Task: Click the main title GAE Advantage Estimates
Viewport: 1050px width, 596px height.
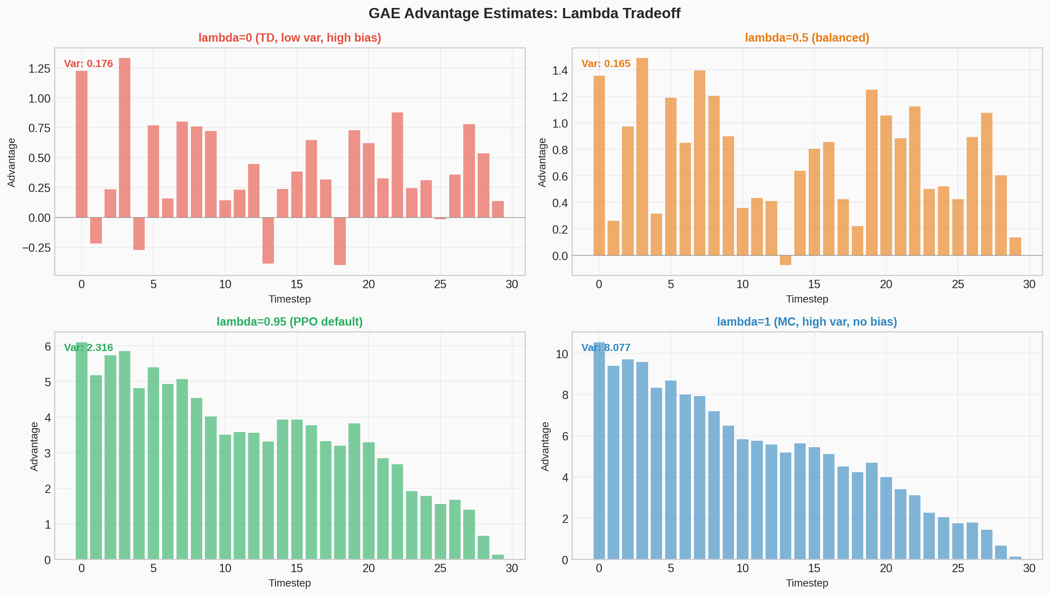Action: click(524, 14)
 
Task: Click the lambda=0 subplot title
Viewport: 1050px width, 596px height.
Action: click(289, 37)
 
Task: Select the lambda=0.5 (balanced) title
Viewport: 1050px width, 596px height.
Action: click(807, 37)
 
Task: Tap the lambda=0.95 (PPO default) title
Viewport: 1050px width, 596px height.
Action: click(289, 322)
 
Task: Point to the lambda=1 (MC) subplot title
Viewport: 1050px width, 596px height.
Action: click(807, 322)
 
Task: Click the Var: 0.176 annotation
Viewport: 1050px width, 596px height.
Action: click(88, 64)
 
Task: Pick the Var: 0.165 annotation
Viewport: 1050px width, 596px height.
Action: click(606, 64)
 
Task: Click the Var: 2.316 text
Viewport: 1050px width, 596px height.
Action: click(88, 348)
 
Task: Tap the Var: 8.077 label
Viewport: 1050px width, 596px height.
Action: click(606, 348)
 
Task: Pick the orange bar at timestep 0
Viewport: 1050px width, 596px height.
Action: click(599, 165)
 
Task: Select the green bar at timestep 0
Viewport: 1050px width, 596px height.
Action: click(81, 450)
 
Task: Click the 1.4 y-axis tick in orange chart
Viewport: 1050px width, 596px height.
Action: click(560, 70)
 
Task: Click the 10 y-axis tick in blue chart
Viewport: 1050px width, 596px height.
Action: click(562, 354)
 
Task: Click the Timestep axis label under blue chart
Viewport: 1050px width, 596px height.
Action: click(807, 583)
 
